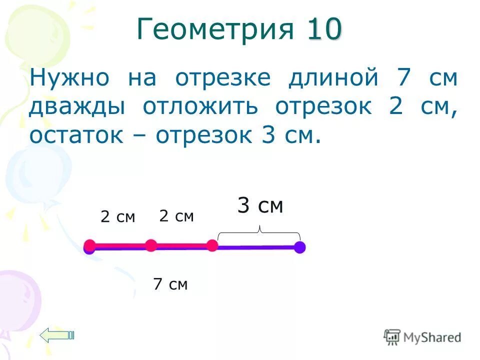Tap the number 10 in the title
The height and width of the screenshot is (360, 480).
coord(324,29)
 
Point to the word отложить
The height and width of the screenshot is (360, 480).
coord(199,106)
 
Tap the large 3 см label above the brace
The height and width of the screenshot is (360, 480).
coord(260,205)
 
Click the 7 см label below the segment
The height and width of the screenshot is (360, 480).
coord(170,284)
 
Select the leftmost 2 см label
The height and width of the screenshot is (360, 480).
coord(117,217)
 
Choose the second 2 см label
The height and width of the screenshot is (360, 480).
coord(176,216)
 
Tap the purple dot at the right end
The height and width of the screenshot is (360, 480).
coord(299,247)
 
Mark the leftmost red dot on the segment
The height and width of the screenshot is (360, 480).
coord(90,245)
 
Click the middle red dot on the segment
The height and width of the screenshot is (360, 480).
coord(151,245)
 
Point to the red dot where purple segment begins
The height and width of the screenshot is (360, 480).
coord(212,245)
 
